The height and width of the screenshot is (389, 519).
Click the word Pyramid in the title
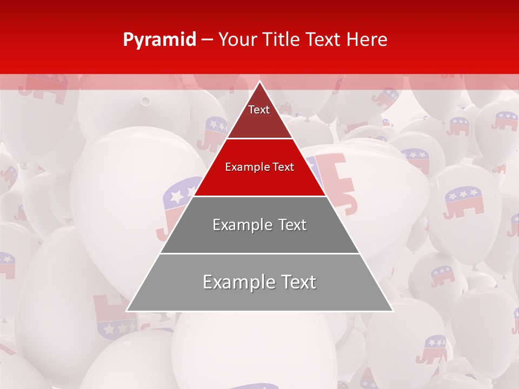[159, 40]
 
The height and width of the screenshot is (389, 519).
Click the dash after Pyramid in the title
[207, 40]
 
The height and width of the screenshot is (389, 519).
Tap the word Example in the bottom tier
[235, 282]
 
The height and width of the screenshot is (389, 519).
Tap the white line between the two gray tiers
[259, 253]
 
